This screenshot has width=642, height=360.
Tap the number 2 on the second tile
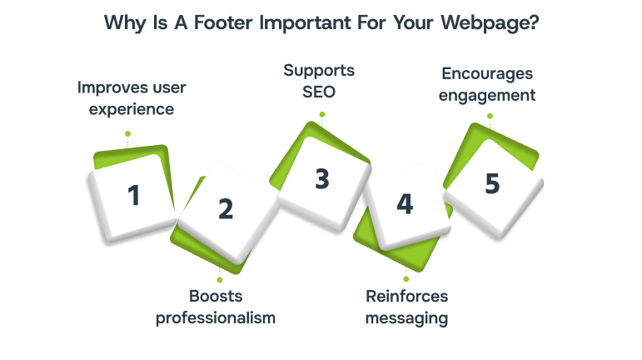[x=226, y=209]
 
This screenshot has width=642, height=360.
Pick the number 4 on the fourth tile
[x=405, y=205]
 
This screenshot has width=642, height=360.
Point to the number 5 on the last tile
[x=493, y=183]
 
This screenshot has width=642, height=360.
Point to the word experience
[x=126, y=108]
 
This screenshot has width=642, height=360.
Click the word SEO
[x=321, y=90]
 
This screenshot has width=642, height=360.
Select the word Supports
[x=321, y=69]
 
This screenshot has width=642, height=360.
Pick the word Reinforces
[x=406, y=297]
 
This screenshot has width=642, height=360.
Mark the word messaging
[x=406, y=317]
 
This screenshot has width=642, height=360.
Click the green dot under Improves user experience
[x=127, y=132]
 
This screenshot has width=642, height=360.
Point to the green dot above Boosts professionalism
[x=220, y=279]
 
